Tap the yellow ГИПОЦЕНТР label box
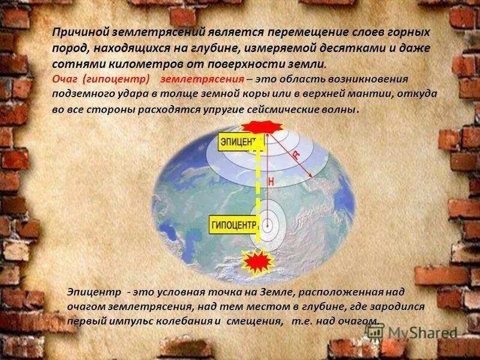(234, 224)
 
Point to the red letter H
(271, 181)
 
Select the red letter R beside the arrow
(295, 155)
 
